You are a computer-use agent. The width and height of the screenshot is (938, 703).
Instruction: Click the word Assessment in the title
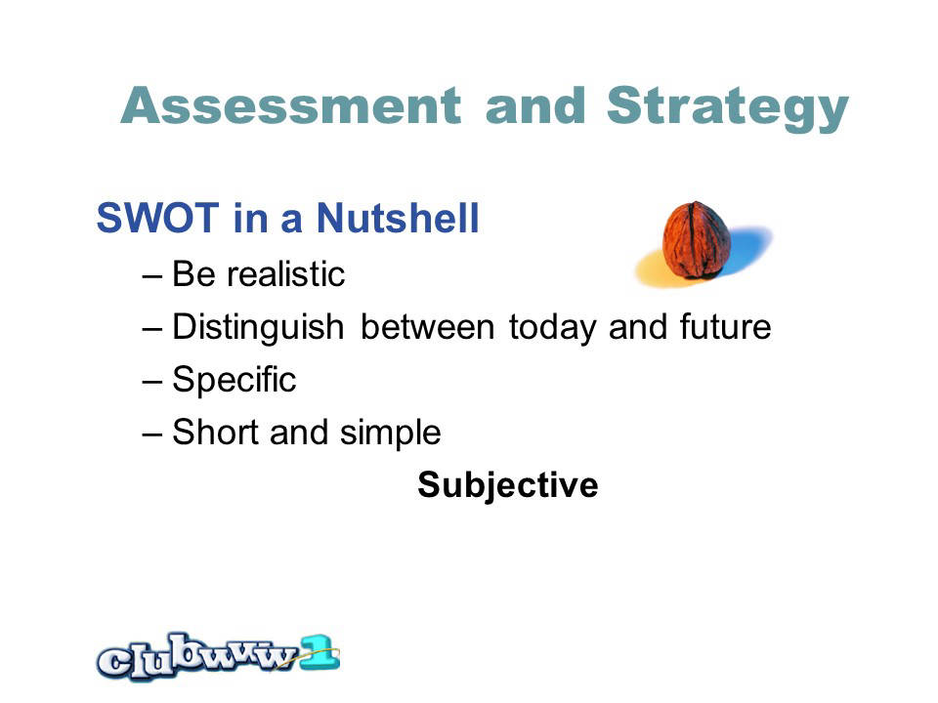coord(291,105)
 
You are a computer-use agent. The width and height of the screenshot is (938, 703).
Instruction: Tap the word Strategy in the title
coord(727,108)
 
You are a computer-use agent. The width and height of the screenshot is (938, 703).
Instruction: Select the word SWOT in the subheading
coord(157,218)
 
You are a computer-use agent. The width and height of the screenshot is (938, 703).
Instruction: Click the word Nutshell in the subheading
coord(398,217)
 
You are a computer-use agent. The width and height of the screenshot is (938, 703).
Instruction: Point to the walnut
coord(697,240)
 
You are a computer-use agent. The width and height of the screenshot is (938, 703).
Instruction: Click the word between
coord(427,327)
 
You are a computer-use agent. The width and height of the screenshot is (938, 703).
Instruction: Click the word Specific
coord(234,381)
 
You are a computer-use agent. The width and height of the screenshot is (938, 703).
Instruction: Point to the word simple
coord(390,434)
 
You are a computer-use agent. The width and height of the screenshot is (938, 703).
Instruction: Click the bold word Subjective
coord(508,485)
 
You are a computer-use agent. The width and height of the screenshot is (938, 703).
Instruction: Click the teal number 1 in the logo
coord(320,652)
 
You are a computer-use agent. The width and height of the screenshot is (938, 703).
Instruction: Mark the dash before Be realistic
coord(152,276)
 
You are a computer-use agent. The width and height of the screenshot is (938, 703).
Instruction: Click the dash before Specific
coord(152,382)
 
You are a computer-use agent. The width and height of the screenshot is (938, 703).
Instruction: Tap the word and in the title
coord(535,105)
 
